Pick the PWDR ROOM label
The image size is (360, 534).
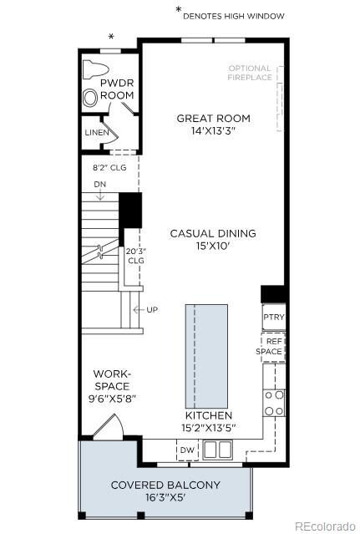coord(117,89)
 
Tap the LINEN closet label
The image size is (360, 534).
coord(95,133)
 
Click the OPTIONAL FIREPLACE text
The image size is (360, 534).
coord(250,73)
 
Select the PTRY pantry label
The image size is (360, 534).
coord(273,318)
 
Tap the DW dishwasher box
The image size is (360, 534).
coord(187,451)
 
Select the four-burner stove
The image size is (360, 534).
coord(274,402)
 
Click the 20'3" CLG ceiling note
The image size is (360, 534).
coord(136,255)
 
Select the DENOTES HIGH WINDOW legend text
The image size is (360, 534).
coord(233,14)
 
